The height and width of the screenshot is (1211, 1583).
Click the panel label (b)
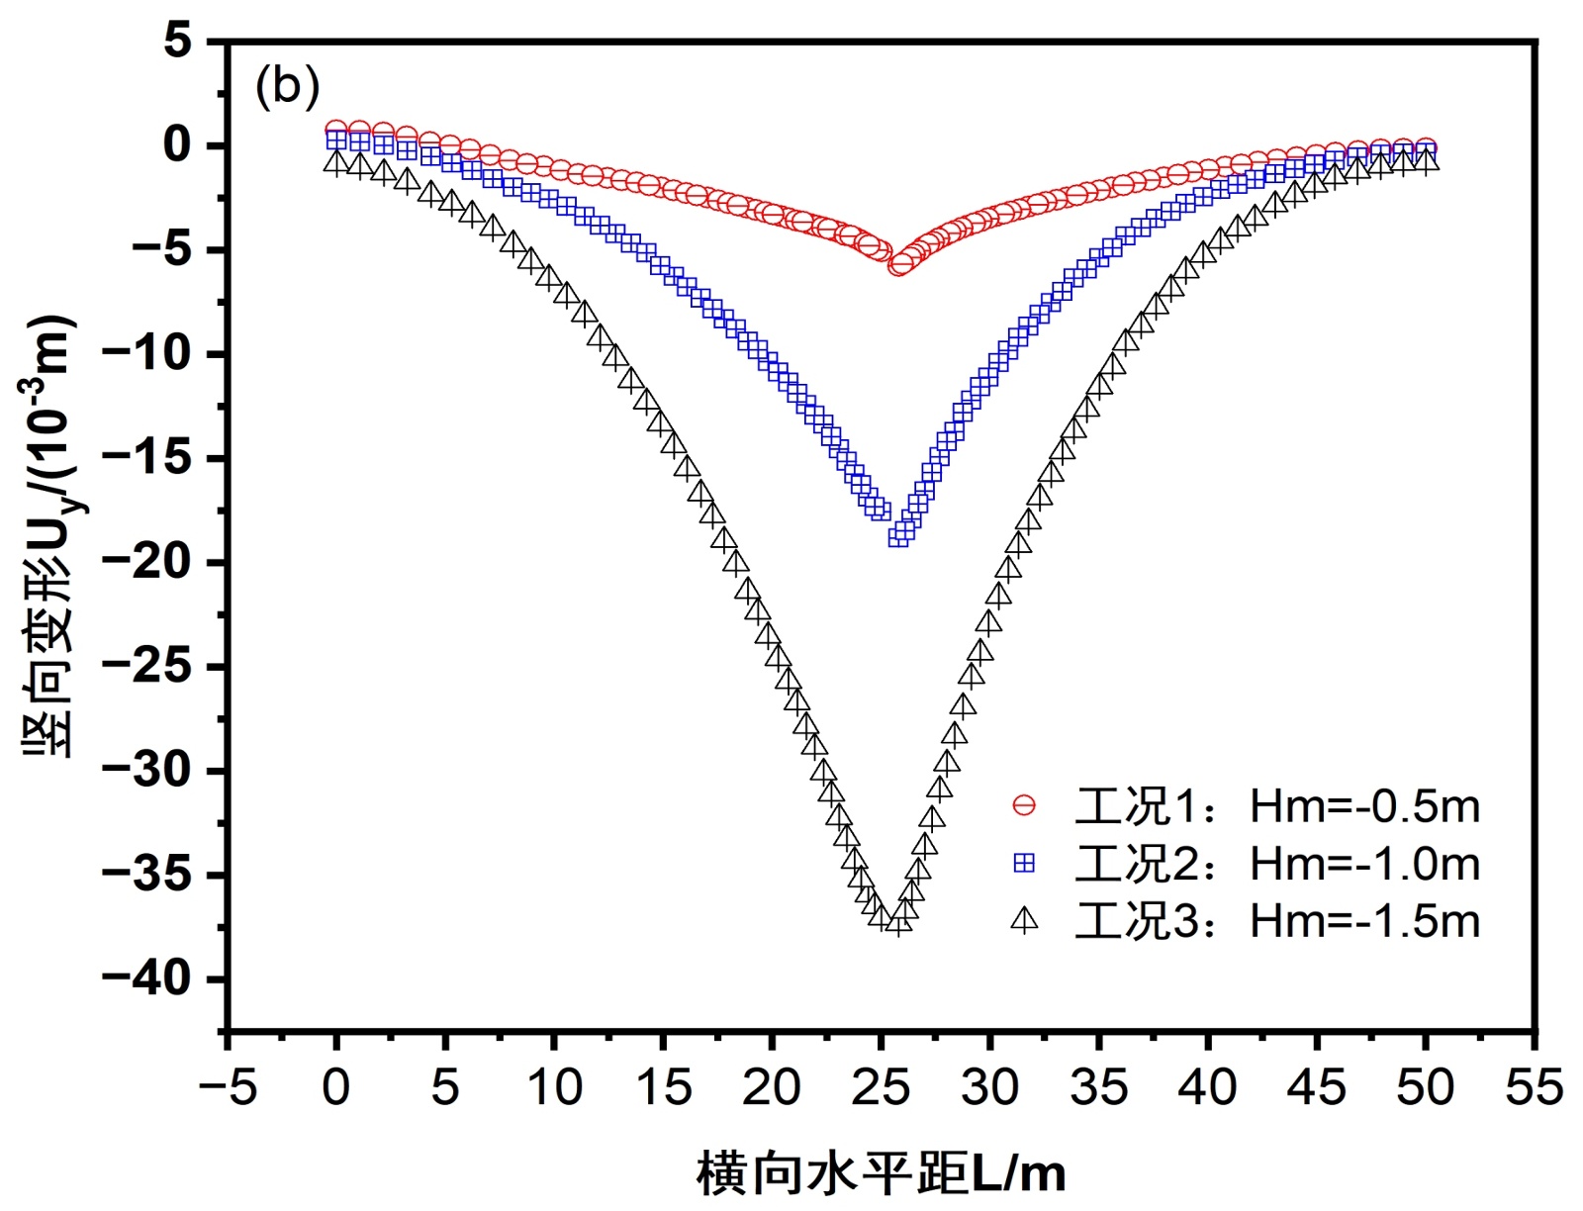click(x=287, y=87)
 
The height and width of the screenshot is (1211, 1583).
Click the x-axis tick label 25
click(x=881, y=1087)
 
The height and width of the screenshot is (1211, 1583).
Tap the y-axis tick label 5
click(x=178, y=42)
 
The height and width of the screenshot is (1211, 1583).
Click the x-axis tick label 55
click(x=1534, y=1087)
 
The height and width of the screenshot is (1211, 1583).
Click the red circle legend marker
click(x=1024, y=806)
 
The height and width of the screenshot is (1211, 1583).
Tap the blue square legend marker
click(x=1024, y=864)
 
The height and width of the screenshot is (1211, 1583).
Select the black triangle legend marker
click(x=1024, y=921)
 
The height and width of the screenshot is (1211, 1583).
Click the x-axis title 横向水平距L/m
click(x=881, y=1174)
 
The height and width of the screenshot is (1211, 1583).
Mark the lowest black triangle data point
click(x=897, y=924)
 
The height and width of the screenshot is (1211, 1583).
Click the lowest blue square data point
click(x=898, y=536)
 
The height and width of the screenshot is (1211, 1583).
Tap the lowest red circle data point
click(x=898, y=265)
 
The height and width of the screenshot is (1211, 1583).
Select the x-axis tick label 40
click(x=1207, y=1087)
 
